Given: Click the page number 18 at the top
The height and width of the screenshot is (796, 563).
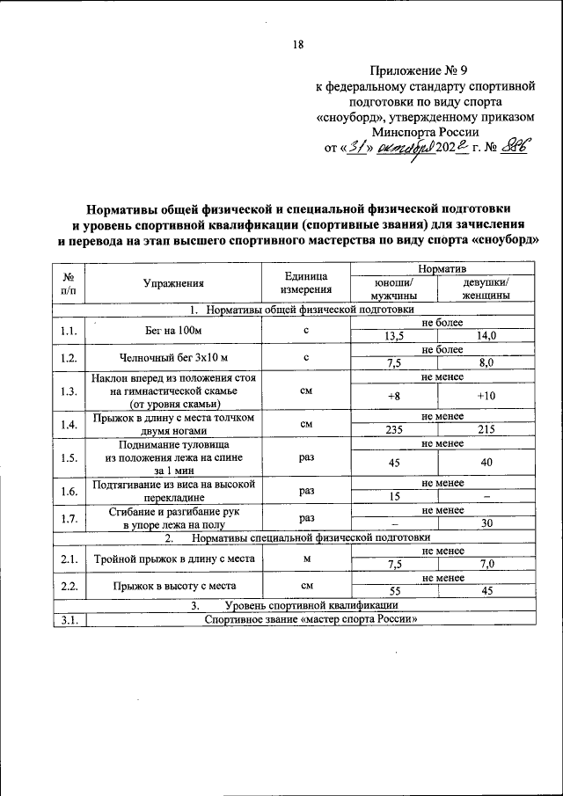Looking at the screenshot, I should coord(297,46).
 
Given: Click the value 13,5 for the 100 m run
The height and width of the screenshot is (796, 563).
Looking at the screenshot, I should coord(393,336).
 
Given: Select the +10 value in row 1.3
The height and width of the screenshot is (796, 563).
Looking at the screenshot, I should coord(486,396).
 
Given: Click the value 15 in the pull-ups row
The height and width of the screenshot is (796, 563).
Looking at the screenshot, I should coord(393,497).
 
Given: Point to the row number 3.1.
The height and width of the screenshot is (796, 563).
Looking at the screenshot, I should coord(69,619).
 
